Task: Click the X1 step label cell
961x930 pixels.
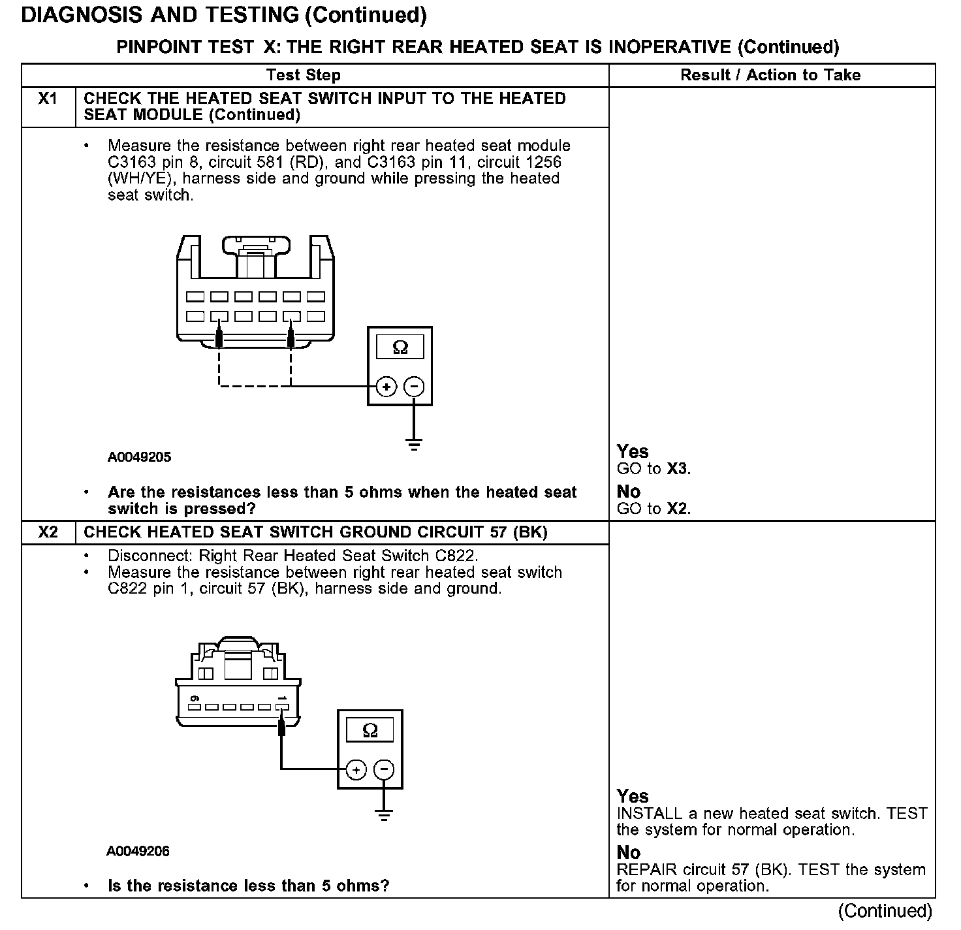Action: (x=48, y=99)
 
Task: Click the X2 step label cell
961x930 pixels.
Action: (x=48, y=532)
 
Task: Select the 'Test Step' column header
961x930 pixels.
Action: (x=304, y=75)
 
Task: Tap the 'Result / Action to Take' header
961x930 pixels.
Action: (x=770, y=75)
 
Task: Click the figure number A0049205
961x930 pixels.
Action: (x=140, y=457)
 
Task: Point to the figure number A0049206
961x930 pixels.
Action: (x=138, y=851)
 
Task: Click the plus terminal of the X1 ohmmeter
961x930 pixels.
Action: (x=386, y=387)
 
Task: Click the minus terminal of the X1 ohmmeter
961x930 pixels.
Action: (x=414, y=387)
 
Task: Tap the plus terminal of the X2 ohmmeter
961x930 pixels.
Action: (x=356, y=770)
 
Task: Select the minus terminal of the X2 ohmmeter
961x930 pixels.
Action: (x=384, y=770)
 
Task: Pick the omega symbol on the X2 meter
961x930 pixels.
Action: (x=370, y=730)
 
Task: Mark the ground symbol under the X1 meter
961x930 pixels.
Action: (x=414, y=445)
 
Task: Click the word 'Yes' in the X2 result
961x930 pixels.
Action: (x=633, y=796)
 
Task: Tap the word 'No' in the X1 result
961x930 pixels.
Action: (x=629, y=491)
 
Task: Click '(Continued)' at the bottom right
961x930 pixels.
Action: (x=885, y=910)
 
